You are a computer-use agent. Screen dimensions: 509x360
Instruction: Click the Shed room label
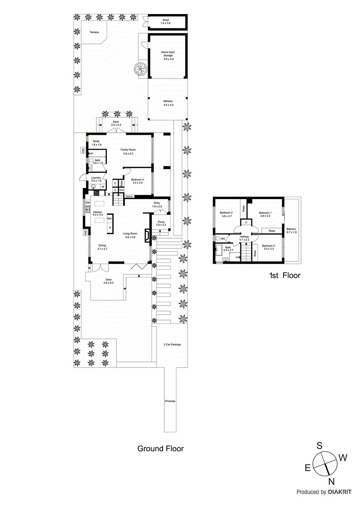tap(166, 22)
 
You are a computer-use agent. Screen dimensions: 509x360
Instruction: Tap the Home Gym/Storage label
tap(168, 55)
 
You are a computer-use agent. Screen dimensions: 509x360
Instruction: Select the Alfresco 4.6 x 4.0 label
tap(168, 103)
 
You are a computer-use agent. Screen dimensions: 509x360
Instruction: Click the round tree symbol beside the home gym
tap(140, 68)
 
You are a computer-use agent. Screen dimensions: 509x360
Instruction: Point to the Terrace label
tap(94, 32)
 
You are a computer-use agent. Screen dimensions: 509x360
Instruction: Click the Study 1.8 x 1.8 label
tap(96, 143)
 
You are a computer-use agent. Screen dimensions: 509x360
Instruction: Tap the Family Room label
tap(128, 151)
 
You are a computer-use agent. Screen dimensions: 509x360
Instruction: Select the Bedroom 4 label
tap(138, 181)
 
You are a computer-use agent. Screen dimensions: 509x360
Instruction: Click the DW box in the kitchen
tap(88, 203)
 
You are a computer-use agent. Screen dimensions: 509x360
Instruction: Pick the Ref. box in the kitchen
tap(110, 219)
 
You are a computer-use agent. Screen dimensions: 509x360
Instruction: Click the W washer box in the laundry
tap(103, 187)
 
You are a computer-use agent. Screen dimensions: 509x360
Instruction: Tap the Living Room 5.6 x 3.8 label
tap(130, 235)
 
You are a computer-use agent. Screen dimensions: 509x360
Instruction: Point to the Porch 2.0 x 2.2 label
tap(161, 223)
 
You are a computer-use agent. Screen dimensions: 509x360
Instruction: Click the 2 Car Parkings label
tap(172, 345)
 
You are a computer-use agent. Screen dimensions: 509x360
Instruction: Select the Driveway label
tap(170, 401)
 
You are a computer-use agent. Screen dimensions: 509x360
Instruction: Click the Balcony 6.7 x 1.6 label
tap(291, 230)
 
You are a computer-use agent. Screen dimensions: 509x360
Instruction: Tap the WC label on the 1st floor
tap(223, 239)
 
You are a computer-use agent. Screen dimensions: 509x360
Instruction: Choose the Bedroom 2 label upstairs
tap(226, 214)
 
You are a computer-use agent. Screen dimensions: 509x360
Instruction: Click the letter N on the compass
tap(331, 482)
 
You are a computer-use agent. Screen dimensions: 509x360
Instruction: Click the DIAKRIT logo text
tap(340, 492)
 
